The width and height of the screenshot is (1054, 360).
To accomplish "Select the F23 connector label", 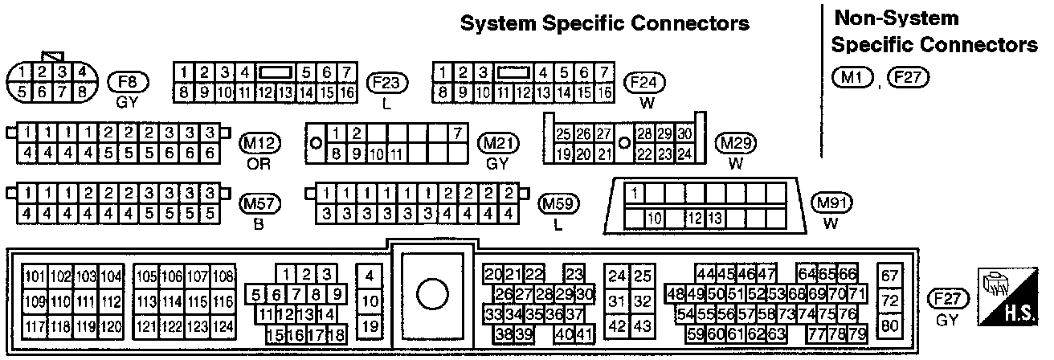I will [x=387, y=83].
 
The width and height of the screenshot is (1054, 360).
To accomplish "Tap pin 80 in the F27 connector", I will [x=889, y=326].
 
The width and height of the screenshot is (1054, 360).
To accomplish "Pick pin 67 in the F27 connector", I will [x=889, y=276].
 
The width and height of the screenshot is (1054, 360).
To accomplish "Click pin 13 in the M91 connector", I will [x=714, y=219].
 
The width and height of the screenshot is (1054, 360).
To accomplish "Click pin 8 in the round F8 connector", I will [x=81, y=92].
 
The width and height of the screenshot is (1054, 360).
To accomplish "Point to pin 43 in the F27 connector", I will [x=641, y=327].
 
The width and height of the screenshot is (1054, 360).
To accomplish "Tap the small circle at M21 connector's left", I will [x=317, y=142].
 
